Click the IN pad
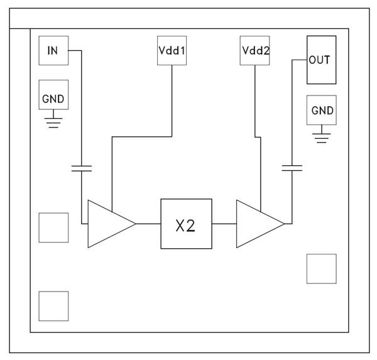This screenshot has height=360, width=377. tap(53, 50)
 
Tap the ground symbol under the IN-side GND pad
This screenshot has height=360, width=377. tap(53, 121)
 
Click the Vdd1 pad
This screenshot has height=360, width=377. tap(172, 50)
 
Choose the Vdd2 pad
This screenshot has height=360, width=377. tap(255, 50)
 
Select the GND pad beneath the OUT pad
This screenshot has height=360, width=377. tap(321, 111)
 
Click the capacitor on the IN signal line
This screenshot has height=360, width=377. tap(82, 167)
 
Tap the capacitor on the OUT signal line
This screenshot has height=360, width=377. tap(292, 167)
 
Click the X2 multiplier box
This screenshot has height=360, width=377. tap(186, 224)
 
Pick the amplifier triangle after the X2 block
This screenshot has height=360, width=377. tap(256, 224)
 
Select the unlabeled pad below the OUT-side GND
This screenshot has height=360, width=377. tap(321, 269)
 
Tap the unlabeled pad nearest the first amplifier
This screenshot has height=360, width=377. tap(53, 227)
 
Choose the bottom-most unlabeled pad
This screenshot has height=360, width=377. tap(53, 306)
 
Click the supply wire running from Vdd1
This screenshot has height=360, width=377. tap(172, 101)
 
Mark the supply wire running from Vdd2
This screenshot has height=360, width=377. tap(255, 101)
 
